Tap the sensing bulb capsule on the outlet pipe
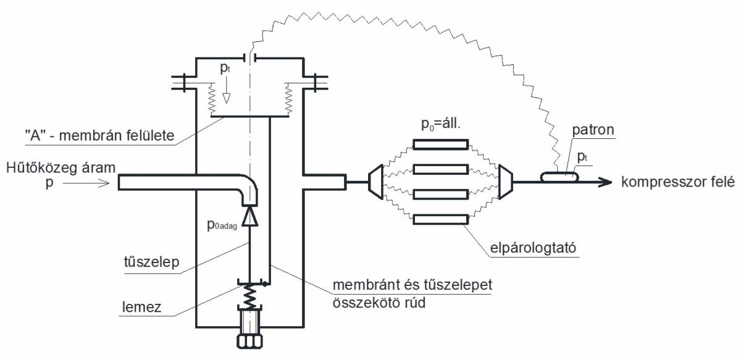[559, 177]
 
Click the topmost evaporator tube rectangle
[440, 144]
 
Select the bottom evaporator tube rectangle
[440, 219]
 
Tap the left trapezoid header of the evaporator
[376, 182]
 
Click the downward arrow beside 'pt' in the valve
[227, 98]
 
